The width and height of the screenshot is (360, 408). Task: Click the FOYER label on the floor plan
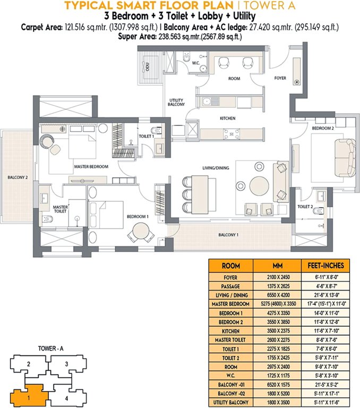click(x=280, y=78)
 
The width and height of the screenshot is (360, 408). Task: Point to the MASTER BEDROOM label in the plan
click(x=91, y=167)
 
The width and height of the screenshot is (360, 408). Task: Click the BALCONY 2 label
click(x=18, y=177)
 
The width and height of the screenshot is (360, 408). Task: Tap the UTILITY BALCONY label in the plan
click(x=176, y=103)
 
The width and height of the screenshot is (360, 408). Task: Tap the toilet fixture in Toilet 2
click(x=318, y=211)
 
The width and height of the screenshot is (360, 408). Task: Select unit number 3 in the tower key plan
click(x=66, y=364)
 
